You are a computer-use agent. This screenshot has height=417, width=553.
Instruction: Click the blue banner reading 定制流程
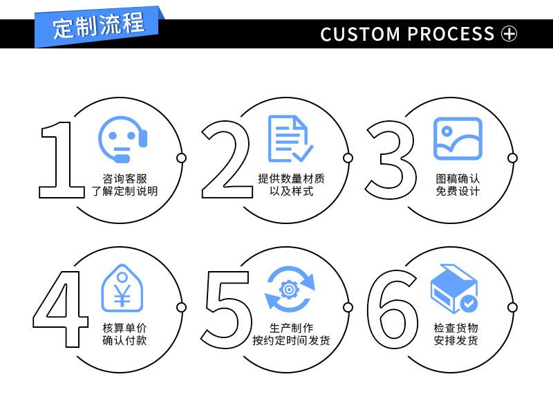coord(99,26)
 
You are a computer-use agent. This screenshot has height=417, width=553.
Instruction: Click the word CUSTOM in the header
coord(360,34)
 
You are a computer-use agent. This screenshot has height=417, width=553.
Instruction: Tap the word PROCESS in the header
coord(451,34)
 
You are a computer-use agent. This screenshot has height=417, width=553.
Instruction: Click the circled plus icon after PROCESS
coord(509,34)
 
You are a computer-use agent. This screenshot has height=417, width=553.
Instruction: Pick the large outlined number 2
coord(227,159)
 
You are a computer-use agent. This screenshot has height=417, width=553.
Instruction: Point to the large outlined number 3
coord(391,160)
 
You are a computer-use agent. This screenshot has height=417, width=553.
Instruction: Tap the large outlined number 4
coord(60,309)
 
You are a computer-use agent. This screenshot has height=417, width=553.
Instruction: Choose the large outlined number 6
coord(393,309)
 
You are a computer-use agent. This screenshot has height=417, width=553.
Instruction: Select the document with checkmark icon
coord(290,138)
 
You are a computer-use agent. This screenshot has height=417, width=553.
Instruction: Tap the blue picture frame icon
coord(458,138)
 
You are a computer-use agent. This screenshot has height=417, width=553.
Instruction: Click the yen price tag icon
coord(122,288)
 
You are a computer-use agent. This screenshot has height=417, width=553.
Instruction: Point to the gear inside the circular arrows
coord(289,290)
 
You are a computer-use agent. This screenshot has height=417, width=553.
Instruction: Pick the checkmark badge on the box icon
coord(469,303)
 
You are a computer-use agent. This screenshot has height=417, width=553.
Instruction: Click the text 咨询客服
coord(125,178)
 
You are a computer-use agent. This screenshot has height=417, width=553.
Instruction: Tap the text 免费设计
coord(458,192)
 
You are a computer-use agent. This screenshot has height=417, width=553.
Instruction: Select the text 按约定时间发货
coord(291,340)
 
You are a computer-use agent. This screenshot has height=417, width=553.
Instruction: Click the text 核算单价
coord(124,328)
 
